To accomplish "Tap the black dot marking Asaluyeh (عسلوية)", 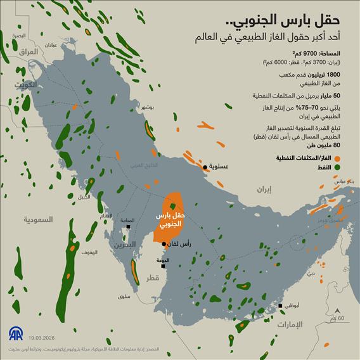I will coord(205,168).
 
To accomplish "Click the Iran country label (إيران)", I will coord(264,189).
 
